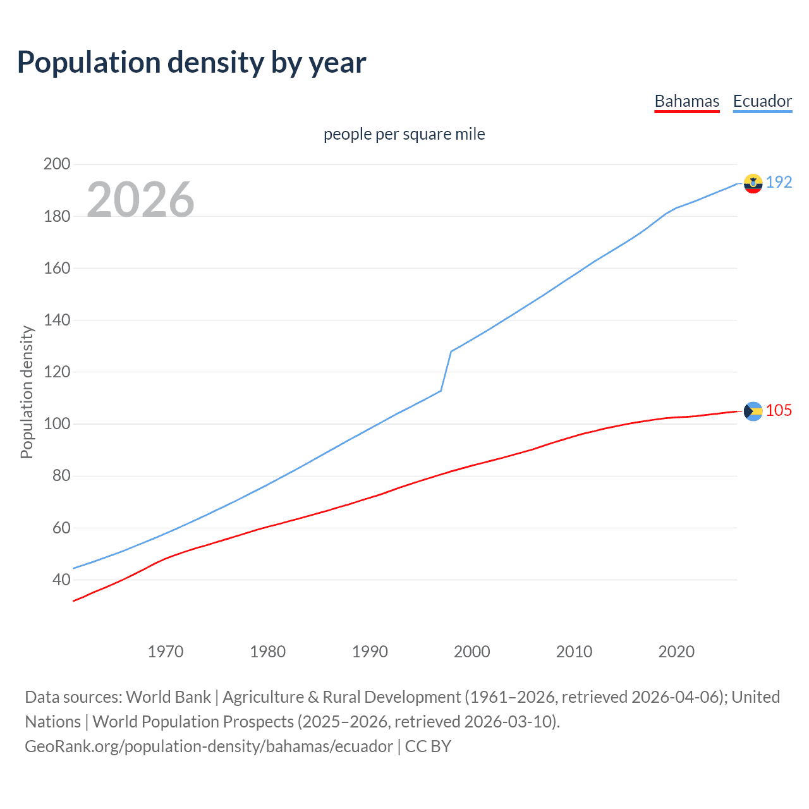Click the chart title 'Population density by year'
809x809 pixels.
click(192, 63)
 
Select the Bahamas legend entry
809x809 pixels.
click(686, 101)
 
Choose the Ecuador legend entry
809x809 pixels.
click(762, 101)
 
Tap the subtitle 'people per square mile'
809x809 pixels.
click(404, 134)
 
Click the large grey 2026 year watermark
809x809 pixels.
click(140, 199)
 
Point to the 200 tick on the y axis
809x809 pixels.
click(57, 164)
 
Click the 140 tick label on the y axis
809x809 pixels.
click(57, 320)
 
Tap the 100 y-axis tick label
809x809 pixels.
click(57, 424)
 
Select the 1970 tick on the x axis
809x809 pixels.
click(166, 652)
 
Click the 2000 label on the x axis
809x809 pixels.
click(472, 652)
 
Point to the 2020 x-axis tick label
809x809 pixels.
click(676, 652)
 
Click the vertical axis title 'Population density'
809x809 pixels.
click(27, 392)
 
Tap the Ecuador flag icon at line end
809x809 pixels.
click(753, 183)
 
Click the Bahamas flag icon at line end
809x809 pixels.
click(753, 411)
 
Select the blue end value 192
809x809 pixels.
click(779, 183)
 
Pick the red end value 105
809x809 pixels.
click(779, 411)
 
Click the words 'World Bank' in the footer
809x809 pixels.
click(168, 697)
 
